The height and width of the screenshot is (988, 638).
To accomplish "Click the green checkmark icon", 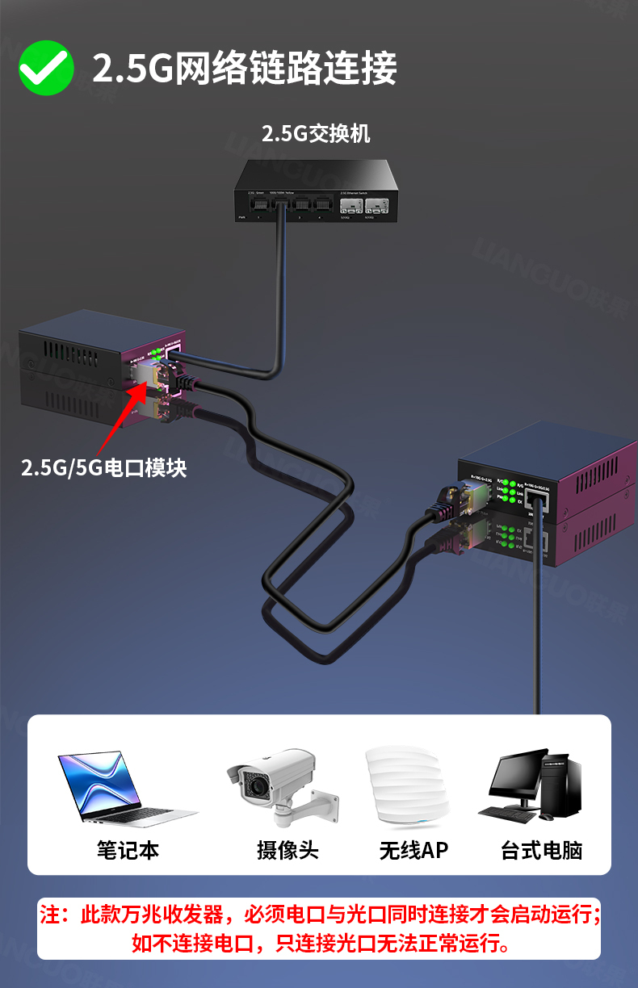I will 46,68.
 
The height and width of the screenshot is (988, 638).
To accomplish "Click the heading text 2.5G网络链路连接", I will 244,69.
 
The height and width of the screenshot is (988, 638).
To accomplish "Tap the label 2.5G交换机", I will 315,133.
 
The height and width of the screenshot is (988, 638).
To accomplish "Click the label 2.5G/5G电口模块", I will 103,467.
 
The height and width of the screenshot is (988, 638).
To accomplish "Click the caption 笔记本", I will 128,850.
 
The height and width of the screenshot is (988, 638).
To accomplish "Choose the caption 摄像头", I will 288,850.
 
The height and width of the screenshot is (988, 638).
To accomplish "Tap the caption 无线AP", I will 413,850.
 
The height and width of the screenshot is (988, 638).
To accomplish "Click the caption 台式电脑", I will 541,850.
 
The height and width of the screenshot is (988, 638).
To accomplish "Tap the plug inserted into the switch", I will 283,208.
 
